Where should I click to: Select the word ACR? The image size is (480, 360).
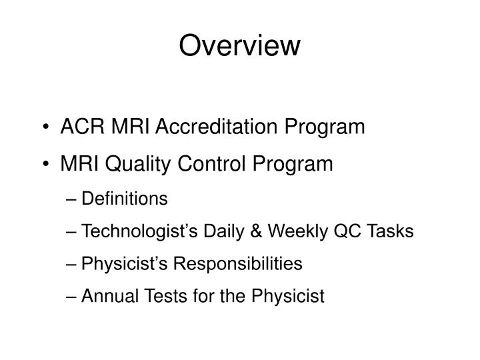[77, 127]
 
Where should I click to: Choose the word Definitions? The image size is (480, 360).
[124, 199]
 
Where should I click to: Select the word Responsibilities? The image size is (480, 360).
[237, 264]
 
